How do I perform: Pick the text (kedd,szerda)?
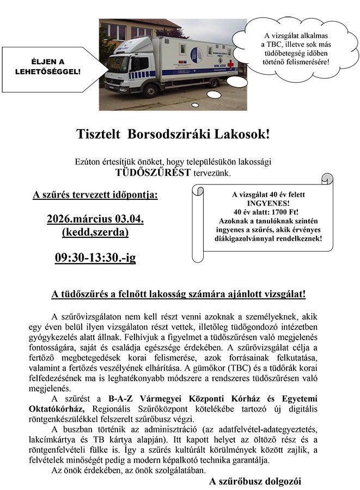tap(95, 232)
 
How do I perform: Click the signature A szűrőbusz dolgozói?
tap(254, 481)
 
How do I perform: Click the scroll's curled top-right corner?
tap(326, 179)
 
